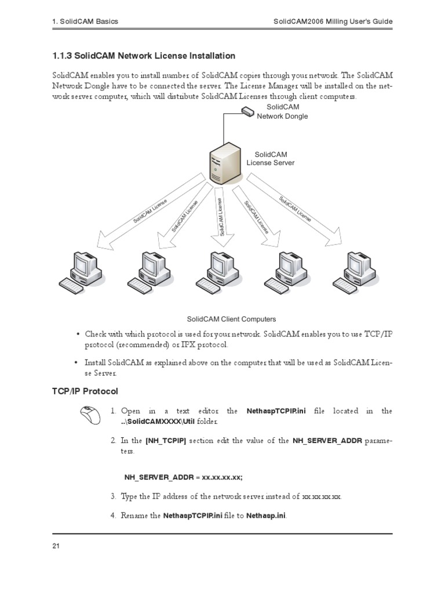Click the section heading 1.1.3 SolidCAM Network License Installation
[x=144, y=56]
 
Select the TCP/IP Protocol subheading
[x=85, y=391]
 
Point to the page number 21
[x=56, y=546]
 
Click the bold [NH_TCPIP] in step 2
[x=166, y=441]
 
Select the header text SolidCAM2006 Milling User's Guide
[x=333, y=21]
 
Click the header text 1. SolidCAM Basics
[x=85, y=21]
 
